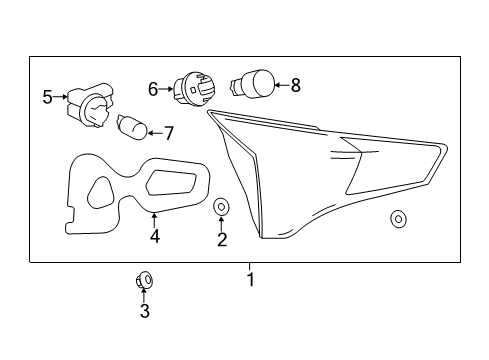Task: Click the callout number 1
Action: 250,280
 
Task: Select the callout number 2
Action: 222,239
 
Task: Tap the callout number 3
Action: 144,312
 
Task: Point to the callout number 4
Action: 154,237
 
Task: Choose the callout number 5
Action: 47,97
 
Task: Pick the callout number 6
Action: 153,89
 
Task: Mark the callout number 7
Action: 168,131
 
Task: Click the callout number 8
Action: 294,86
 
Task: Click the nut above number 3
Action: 143,280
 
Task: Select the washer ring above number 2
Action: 222,207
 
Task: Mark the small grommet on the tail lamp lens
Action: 399,217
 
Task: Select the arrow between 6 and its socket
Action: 167,89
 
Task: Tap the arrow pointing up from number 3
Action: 144,296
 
